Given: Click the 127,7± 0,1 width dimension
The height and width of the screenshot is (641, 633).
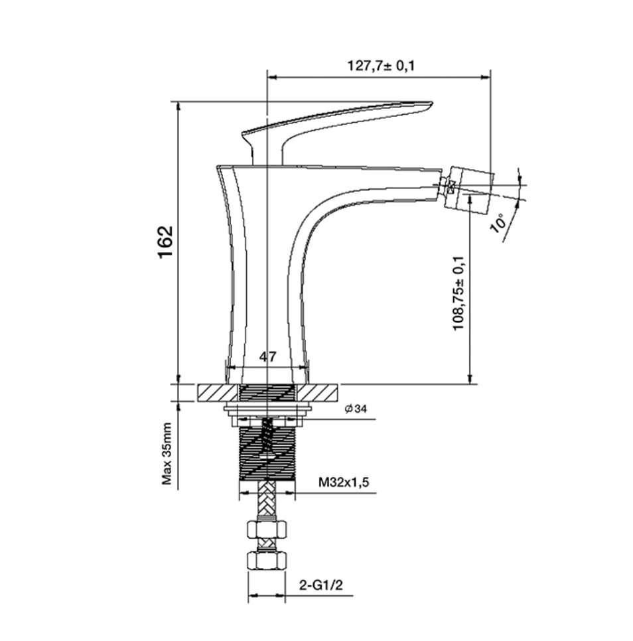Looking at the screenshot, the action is pyautogui.click(x=380, y=66).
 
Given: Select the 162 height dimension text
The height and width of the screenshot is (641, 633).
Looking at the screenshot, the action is pyautogui.click(x=166, y=242).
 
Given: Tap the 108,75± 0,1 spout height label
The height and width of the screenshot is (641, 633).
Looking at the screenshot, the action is pyautogui.click(x=458, y=293).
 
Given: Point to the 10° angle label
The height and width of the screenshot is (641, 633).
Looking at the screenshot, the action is pyautogui.click(x=498, y=223).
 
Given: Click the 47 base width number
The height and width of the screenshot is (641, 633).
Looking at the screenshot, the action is pyautogui.click(x=267, y=356).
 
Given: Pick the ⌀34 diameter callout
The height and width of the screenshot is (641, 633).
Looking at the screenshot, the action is pyautogui.click(x=356, y=408).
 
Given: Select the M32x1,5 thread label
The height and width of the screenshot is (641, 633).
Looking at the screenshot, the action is pyautogui.click(x=344, y=482).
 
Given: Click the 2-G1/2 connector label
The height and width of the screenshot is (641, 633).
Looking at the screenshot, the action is pyautogui.click(x=320, y=585).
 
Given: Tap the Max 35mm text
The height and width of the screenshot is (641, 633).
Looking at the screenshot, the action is pyautogui.click(x=167, y=454).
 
